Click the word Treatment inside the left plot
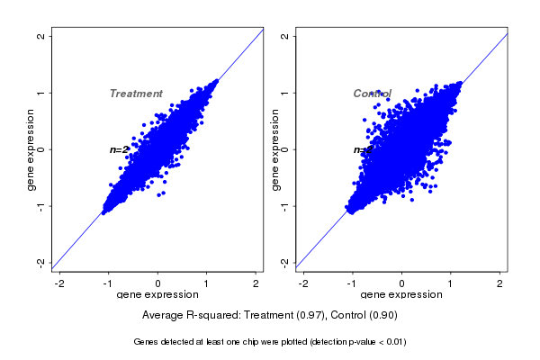click(136, 94)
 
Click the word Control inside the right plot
click(372, 94)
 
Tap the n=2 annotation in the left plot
click(119, 149)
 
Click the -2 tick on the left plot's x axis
click(59, 283)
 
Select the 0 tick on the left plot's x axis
click(157, 283)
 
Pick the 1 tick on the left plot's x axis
click(206, 283)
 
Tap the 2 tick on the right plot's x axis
click(500, 283)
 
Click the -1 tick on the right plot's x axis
click(352, 283)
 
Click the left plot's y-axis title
click(31, 149)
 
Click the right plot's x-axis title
click(400, 294)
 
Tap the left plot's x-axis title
click(157, 294)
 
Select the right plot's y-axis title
click(275, 149)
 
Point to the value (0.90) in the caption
click(382, 316)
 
